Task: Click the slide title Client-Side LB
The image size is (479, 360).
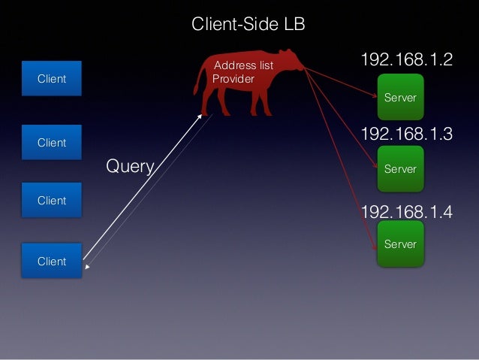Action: [248, 25]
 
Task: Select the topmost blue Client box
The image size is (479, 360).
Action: [52, 79]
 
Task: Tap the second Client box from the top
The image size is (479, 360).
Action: [52, 143]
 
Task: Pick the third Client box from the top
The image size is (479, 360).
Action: [52, 201]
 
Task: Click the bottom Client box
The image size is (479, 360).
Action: [52, 261]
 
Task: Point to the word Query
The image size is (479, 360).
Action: [130, 166]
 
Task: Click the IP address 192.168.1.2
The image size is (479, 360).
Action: [406, 60]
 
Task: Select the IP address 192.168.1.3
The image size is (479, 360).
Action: [406, 135]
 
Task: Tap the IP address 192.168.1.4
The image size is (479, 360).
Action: [406, 212]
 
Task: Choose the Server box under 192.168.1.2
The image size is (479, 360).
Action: [400, 98]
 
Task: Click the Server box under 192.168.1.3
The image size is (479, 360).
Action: [400, 169]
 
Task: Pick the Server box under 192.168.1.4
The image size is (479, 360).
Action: [400, 244]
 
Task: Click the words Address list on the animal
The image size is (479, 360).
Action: [244, 66]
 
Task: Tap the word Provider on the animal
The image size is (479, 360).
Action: [233, 78]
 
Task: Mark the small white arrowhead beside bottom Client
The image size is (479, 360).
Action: [87, 267]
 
